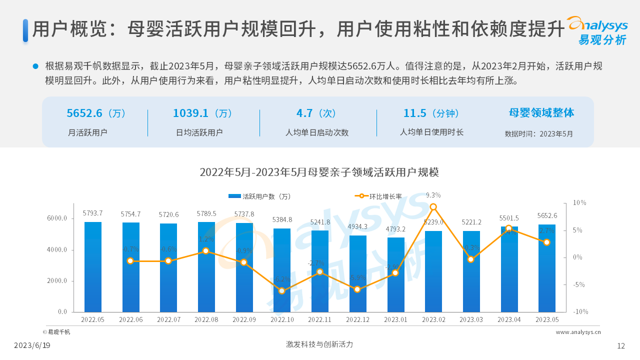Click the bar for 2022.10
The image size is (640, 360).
click(x=281, y=270)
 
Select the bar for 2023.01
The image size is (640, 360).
click(x=395, y=274)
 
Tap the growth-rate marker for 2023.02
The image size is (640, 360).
click(x=433, y=207)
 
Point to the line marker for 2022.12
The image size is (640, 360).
click(x=357, y=289)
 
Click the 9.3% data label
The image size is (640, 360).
click(x=433, y=195)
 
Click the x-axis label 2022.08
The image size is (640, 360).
click(x=206, y=319)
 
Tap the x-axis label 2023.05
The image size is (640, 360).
click(x=547, y=319)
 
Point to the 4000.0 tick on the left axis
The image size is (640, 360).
click(x=57, y=250)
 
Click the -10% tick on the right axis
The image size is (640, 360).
click(x=580, y=311)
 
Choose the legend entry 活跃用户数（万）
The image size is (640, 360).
click(x=259, y=196)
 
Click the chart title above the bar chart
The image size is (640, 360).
click(x=319, y=172)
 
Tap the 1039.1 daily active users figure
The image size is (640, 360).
click(x=202, y=113)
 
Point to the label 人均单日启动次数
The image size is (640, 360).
click(x=317, y=132)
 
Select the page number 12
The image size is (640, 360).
click(x=621, y=345)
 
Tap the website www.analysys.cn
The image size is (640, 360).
click(x=578, y=331)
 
